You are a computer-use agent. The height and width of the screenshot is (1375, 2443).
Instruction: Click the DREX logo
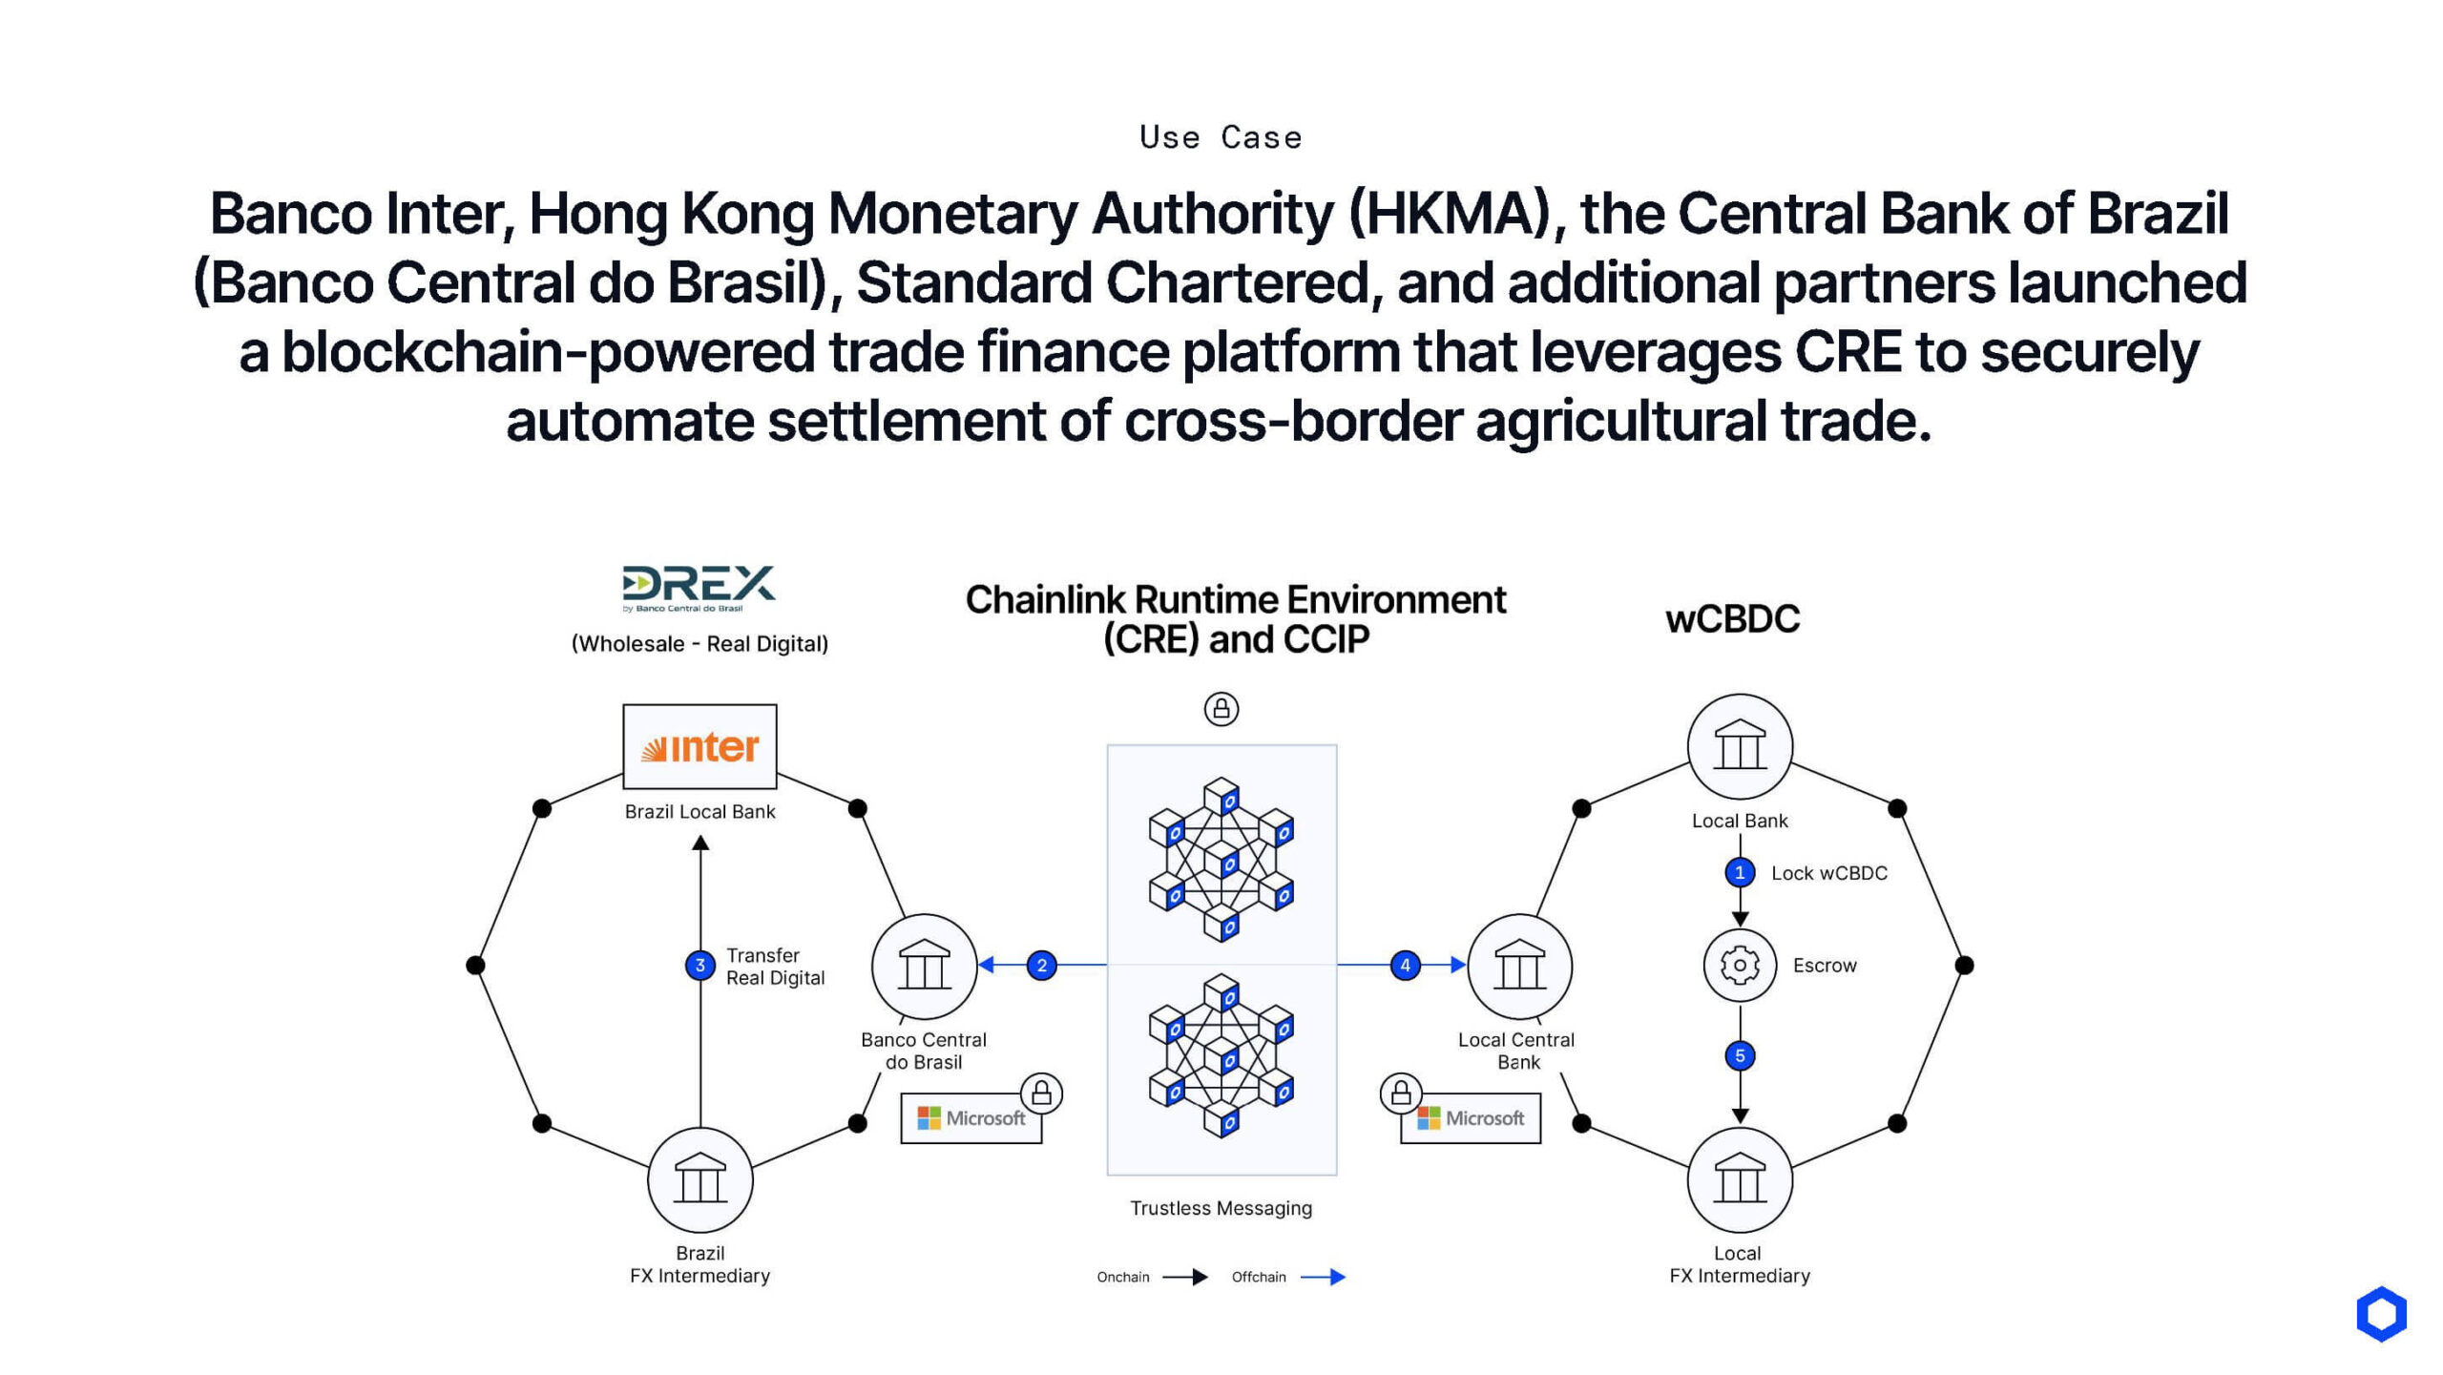point(699,586)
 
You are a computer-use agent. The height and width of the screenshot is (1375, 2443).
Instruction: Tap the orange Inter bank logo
point(699,747)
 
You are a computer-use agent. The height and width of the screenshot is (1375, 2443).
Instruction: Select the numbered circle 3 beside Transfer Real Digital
point(700,966)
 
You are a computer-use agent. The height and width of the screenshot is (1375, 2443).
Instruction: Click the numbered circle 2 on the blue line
point(1041,966)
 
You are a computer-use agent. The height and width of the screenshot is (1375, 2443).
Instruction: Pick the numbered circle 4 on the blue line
point(1405,966)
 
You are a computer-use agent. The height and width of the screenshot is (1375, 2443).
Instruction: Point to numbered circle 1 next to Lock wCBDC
point(1740,872)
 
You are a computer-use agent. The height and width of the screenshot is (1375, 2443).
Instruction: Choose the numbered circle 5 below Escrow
point(1740,1055)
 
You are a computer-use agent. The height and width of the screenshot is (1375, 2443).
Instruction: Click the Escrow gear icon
point(1740,966)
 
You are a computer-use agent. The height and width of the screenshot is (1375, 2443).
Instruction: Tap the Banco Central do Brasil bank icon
point(924,966)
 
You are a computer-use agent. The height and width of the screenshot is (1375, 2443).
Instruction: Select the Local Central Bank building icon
point(1519,966)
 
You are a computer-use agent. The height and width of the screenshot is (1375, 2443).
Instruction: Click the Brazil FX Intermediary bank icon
point(700,1180)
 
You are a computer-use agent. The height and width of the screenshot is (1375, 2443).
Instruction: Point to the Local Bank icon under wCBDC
point(1740,746)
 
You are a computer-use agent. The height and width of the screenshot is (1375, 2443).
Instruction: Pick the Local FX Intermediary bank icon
point(1740,1180)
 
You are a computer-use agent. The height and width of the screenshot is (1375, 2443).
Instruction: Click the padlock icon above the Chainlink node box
point(1221,709)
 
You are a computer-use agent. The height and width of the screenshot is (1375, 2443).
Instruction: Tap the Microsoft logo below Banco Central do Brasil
point(971,1118)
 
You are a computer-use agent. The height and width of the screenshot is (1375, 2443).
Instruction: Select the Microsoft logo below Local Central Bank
point(1471,1118)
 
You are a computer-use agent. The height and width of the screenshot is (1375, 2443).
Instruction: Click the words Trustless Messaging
point(1221,1208)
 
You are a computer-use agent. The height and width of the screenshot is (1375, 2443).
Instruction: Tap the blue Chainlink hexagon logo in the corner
point(2381,1314)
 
